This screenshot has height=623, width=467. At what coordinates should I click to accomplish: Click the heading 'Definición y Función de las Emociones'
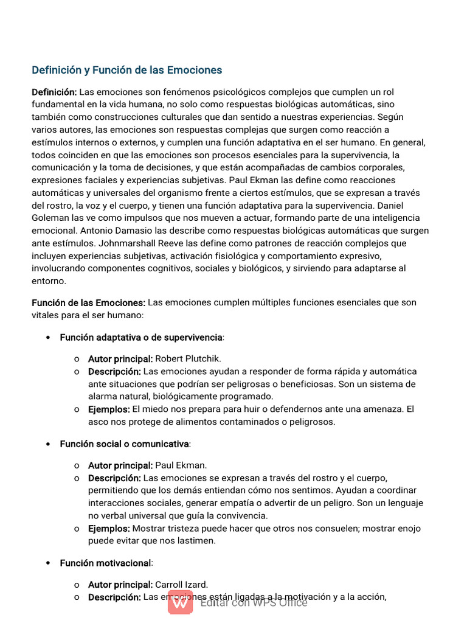(x=126, y=70)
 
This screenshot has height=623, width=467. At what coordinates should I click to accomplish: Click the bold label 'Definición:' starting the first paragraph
(x=54, y=92)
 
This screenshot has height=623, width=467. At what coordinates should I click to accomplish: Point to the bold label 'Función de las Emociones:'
(x=88, y=302)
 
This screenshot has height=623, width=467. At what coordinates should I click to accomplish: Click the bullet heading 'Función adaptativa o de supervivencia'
(x=141, y=337)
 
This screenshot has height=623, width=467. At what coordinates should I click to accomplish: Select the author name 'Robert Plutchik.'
(x=187, y=359)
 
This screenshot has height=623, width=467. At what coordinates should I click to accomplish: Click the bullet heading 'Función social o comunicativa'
(x=125, y=444)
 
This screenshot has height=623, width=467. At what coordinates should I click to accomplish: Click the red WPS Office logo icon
(x=181, y=602)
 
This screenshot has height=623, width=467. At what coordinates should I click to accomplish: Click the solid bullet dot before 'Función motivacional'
(x=48, y=563)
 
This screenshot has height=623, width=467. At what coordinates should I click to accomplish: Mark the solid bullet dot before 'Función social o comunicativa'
(x=48, y=444)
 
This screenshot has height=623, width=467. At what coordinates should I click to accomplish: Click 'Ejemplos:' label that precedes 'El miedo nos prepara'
(x=109, y=409)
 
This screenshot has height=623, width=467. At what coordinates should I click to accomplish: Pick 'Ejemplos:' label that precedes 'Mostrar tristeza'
(x=109, y=529)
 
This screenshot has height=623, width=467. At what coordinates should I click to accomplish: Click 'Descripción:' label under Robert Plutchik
(x=114, y=371)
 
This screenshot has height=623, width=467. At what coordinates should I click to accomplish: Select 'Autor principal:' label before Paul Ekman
(x=120, y=465)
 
